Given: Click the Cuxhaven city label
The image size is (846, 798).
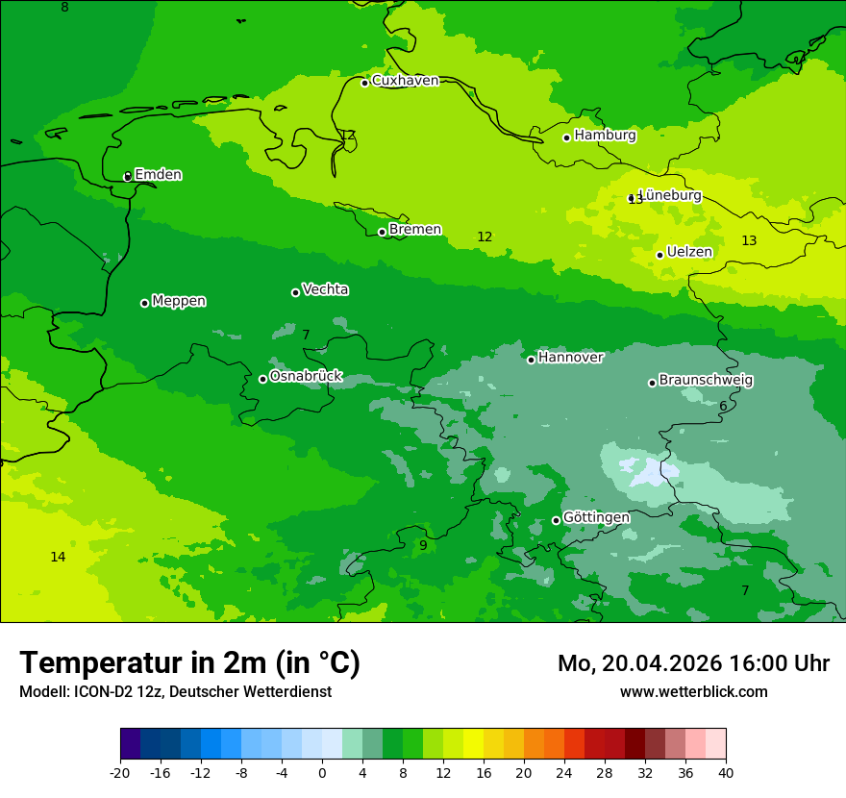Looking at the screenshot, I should coord(405,81).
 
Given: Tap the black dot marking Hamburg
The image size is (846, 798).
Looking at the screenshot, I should coord(567,137).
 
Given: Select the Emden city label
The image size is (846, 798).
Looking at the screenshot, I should coord(158,175).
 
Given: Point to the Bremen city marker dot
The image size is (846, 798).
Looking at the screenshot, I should coord(382,232).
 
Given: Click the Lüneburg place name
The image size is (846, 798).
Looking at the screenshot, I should coord(670,195).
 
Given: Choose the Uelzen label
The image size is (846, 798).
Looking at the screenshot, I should coord(689,252).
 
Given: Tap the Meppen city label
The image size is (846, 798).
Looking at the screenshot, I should coord(179,301).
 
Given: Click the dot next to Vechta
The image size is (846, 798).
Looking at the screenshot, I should coord(295,292).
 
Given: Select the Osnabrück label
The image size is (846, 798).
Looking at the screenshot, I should coord(306,376).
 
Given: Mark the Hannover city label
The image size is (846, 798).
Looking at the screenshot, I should coord(570,358).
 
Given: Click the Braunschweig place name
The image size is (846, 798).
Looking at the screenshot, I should coord(706,380).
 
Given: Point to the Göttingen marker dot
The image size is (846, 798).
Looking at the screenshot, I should coord(556,520).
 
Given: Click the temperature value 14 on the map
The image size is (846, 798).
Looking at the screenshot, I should coord(58,557).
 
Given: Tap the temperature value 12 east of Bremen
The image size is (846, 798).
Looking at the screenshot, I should coord(485,237).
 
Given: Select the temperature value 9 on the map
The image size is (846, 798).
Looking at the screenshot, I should coord(423,545).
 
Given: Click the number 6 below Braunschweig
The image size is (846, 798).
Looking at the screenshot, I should coord(723,406).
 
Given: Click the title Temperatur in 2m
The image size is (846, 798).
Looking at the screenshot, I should coord(189,662).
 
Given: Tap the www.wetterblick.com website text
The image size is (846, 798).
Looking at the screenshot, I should coord(693,691).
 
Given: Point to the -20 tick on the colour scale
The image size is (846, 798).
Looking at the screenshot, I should coord(120,772).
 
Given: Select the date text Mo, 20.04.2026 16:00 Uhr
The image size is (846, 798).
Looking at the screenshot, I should coord(693,663).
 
